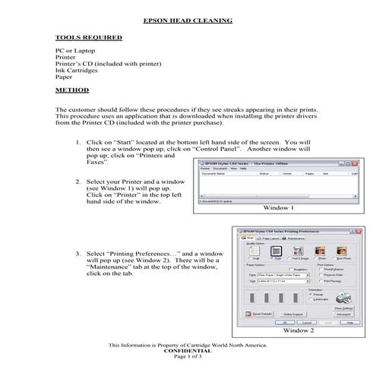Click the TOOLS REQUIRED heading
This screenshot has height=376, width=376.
(83, 36)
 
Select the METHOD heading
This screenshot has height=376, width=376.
(72, 90)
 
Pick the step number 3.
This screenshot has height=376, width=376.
(79, 252)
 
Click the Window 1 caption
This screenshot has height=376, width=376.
(278, 207)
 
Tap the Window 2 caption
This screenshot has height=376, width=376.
(297, 331)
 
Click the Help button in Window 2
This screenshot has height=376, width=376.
(350, 321)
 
